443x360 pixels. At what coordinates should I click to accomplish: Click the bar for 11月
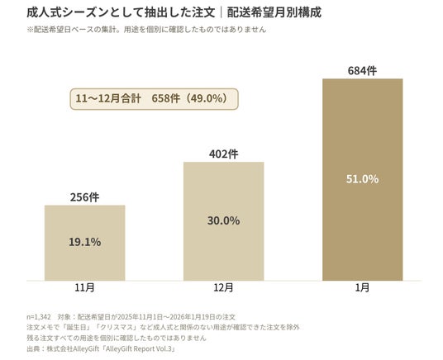coord(85,243)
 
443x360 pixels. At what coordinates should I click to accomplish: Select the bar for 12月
coord(224,221)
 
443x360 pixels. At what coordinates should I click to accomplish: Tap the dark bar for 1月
coord(363,179)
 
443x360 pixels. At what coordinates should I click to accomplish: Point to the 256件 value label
coord(85,197)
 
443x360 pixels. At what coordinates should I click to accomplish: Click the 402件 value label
coord(224,154)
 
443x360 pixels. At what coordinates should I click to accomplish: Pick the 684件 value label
coord(363,71)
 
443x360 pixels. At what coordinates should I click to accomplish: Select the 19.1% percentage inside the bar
coord(85,242)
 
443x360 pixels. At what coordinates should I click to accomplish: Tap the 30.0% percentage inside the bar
coord(224,220)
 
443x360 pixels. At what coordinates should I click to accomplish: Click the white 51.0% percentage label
coord(363,179)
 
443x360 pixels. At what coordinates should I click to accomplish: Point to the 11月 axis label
coord(85,287)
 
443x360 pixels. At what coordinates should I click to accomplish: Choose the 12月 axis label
coord(224,287)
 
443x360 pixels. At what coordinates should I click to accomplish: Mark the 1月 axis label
coord(363,287)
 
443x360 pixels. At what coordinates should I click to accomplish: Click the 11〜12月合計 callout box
coord(155,99)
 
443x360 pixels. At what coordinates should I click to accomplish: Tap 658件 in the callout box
coord(166,98)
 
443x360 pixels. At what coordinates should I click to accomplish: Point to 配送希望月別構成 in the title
coord(274,12)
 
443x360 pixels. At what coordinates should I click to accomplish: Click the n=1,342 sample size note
coord(39,317)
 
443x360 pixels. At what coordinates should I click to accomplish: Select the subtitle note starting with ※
coord(146,30)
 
